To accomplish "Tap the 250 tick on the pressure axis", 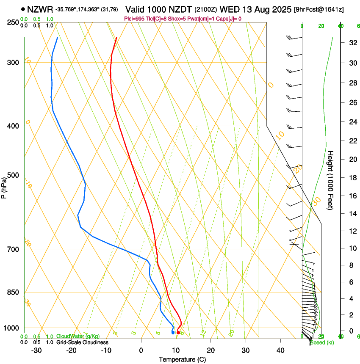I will point(13,22).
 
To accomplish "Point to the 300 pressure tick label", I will point(13,63).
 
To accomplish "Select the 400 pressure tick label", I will point(13,126).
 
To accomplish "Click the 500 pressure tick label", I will point(13,175).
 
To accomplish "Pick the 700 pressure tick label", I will point(13,249).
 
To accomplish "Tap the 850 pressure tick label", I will point(13,292).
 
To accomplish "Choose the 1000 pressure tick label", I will point(11,328).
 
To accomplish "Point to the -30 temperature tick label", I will point(36,350).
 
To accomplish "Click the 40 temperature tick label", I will point(280,350).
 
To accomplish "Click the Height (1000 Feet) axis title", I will point(331,180).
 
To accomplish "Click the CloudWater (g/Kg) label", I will point(72,336).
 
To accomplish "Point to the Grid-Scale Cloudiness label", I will point(82,342).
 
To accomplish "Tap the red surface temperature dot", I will point(178,333).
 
